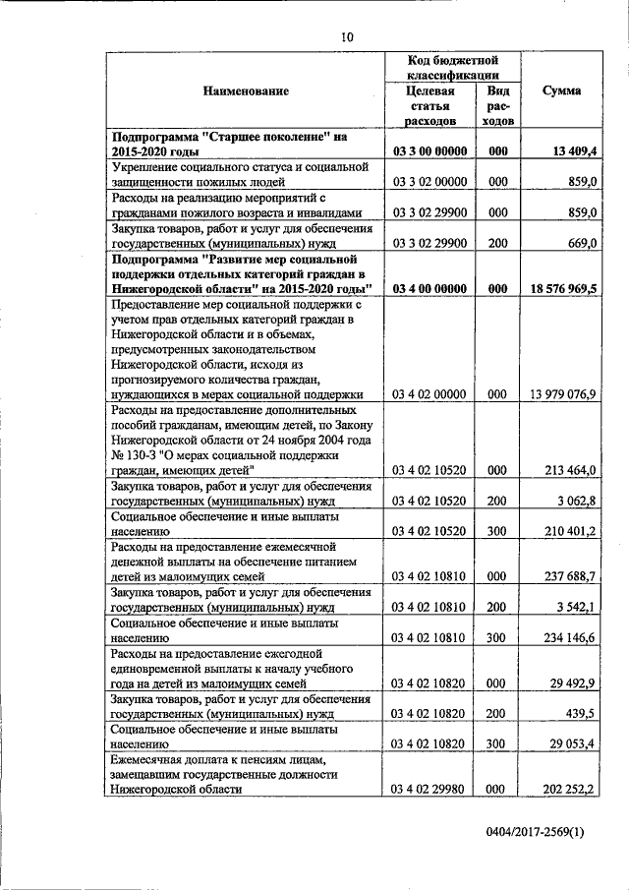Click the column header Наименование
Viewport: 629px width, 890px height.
(x=246, y=90)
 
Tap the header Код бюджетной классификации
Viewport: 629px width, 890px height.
(x=455, y=67)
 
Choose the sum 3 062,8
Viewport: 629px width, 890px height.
(x=575, y=501)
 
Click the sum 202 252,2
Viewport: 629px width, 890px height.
(x=567, y=789)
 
